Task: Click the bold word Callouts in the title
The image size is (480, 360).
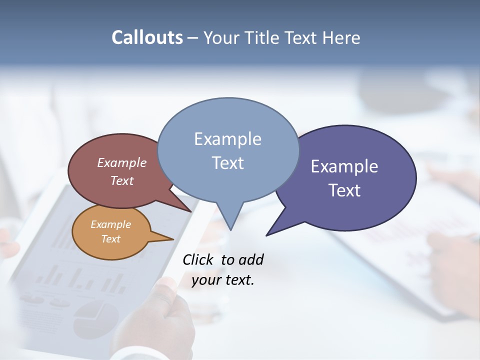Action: coord(147,37)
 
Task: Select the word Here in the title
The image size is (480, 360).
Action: coord(341,37)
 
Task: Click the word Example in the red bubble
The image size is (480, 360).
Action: coord(122,162)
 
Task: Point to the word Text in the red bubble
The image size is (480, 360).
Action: coord(122,180)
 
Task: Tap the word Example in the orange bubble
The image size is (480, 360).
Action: coord(110,224)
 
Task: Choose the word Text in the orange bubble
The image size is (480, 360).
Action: coord(110,239)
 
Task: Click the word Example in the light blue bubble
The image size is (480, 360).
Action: coord(227,138)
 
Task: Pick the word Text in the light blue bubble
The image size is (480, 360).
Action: coord(227,162)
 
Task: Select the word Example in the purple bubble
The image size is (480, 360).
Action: coord(344,166)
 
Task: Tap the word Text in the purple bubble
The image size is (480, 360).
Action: coord(344,190)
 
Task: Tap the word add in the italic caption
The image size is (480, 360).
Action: coord(251,259)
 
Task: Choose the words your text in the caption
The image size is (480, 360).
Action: coord(223,280)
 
